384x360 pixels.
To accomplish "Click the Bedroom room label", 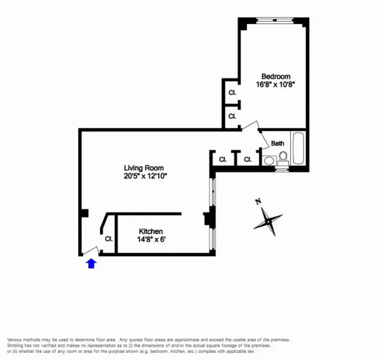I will [x=276, y=76].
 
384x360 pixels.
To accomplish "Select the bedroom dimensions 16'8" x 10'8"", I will [x=276, y=85].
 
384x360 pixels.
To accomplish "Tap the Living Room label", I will [x=143, y=168].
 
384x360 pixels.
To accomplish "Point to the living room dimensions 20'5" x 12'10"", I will [x=144, y=176].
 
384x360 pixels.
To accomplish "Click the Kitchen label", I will [x=151, y=231].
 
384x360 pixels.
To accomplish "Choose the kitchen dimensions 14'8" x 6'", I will [x=151, y=239].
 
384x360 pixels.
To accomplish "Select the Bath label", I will [x=277, y=143].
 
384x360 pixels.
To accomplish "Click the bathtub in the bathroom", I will [x=298, y=149].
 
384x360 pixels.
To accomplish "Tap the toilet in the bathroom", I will [x=283, y=157].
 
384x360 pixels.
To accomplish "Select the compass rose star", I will [x=267, y=221].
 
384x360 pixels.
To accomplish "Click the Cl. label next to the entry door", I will [x=109, y=238].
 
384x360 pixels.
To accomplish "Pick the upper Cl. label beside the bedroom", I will [x=232, y=93].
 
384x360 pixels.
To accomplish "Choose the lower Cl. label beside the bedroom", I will [x=232, y=116].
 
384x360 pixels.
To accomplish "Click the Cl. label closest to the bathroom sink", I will [x=247, y=160].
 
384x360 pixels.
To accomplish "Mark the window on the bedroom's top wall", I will [x=273, y=20].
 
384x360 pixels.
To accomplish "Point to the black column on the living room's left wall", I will [x=85, y=213].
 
